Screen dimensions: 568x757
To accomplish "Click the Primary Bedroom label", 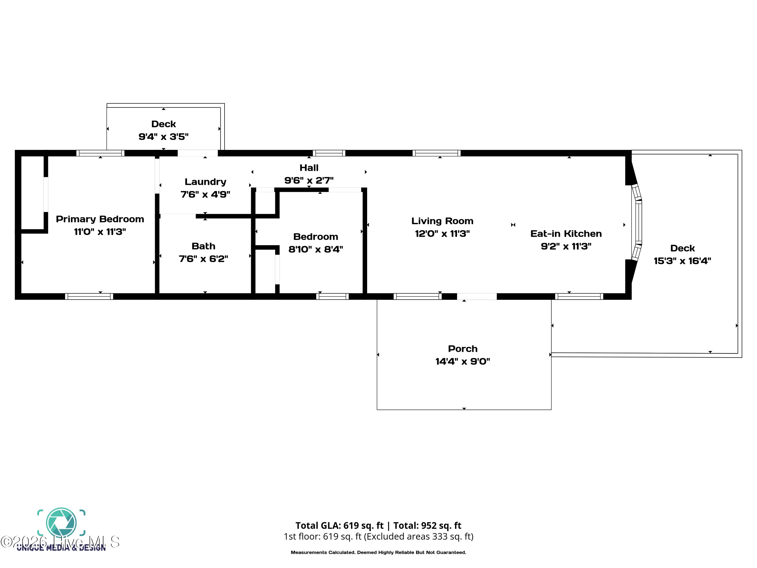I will tap(100, 219).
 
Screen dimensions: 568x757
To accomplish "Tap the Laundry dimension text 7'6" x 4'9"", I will tap(205, 194).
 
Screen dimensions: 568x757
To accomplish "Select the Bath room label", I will tap(203, 246).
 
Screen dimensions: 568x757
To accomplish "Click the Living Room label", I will tap(442, 221).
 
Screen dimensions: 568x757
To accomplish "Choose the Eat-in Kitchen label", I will tap(566, 234).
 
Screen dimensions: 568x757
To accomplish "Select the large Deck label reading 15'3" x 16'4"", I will tap(682, 255).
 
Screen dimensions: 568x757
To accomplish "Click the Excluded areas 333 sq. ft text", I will tap(418, 536).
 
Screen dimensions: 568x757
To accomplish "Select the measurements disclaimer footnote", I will tap(378, 552).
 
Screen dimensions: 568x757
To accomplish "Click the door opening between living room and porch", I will tap(477, 297).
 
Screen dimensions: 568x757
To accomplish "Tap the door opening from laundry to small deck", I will tap(198, 153).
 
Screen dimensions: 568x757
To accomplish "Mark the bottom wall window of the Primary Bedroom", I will tap(89, 297).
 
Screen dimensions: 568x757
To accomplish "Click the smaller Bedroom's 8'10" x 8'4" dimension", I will tap(315, 249).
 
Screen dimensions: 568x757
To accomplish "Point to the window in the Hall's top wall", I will tap(329, 153).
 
